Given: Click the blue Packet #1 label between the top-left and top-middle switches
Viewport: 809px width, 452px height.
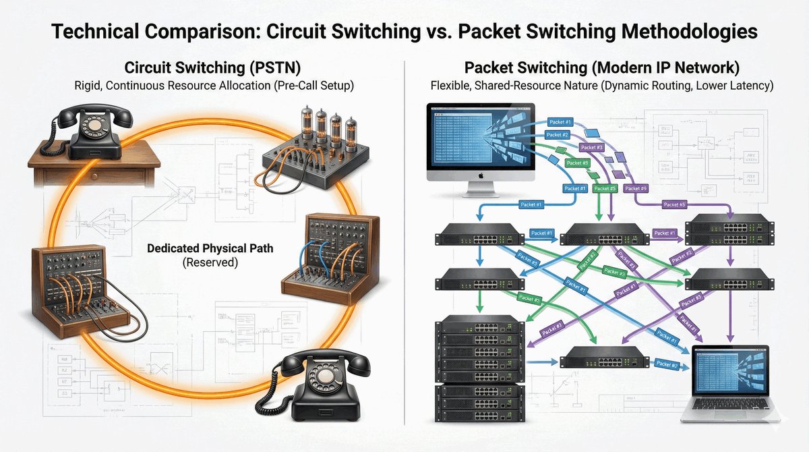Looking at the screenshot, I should click(541, 233).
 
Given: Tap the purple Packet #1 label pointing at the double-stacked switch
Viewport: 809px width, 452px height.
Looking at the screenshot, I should click(663, 233).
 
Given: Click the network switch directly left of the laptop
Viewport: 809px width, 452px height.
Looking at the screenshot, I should click(595, 356).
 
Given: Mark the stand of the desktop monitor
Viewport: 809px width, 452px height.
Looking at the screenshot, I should click(481, 189).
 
